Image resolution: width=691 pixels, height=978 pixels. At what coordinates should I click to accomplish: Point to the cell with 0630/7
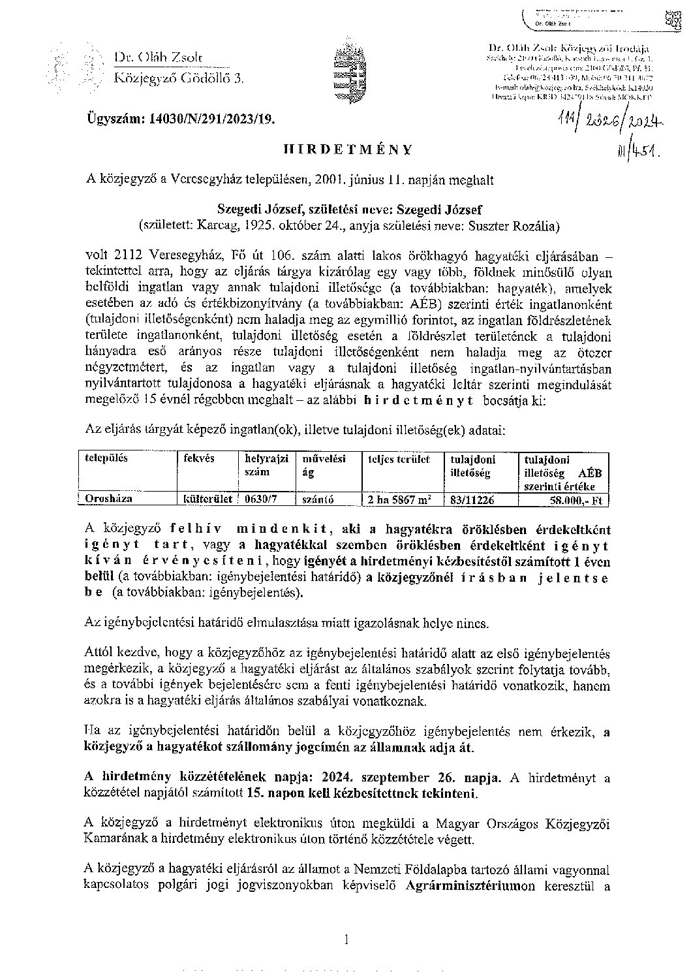259,499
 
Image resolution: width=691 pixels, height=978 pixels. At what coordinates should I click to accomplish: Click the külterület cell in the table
206,499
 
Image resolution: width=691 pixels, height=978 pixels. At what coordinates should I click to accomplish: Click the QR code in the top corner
671,20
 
